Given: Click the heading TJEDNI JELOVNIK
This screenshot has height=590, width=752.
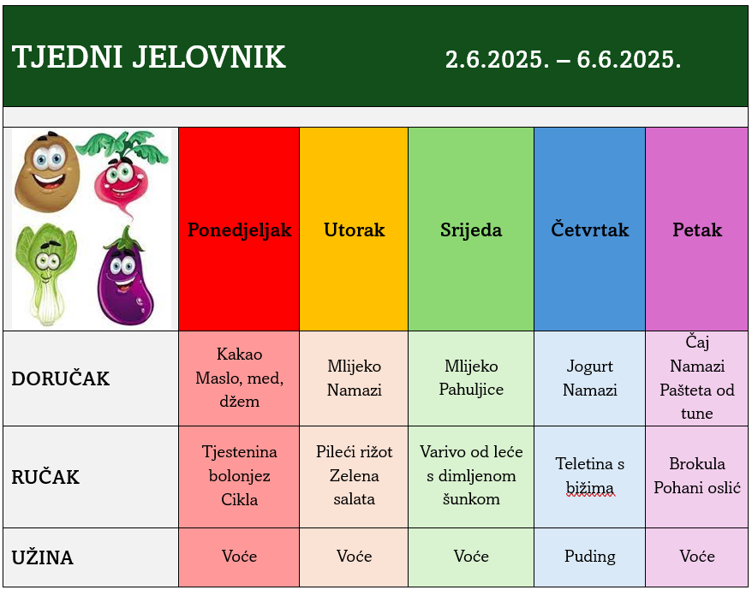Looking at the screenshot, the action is [x=149, y=57].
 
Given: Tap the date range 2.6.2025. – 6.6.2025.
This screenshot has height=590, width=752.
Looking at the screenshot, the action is [x=563, y=59].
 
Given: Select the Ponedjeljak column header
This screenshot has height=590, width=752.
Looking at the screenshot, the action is [x=239, y=229].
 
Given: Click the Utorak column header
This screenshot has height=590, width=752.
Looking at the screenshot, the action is [x=354, y=229].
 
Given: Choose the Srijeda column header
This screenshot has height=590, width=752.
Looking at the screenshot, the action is [x=471, y=230].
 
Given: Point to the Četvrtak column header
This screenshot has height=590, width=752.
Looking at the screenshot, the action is [x=589, y=229].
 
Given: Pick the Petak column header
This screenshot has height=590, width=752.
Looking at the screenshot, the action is [x=697, y=229].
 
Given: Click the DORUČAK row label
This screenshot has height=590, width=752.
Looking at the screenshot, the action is [x=61, y=378].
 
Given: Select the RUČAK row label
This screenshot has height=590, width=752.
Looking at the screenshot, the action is [x=45, y=477].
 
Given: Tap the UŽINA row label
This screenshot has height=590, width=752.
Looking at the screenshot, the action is [x=42, y=557].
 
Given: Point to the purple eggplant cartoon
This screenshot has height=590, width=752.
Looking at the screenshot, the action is [x=125, y=277].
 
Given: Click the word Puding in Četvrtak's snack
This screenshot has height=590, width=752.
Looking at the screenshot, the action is [x=589, y=557].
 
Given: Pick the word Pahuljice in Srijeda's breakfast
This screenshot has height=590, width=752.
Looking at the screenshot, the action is [x=471, y=390].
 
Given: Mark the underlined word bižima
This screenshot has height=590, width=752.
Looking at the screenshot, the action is [x=589, y=488].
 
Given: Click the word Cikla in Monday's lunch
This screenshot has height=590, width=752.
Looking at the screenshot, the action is [x=239, y=500].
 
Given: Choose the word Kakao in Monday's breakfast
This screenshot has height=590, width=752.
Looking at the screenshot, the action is [x=239, y=355].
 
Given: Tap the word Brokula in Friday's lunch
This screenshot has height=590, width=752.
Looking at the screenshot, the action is [x=697, y=464].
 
